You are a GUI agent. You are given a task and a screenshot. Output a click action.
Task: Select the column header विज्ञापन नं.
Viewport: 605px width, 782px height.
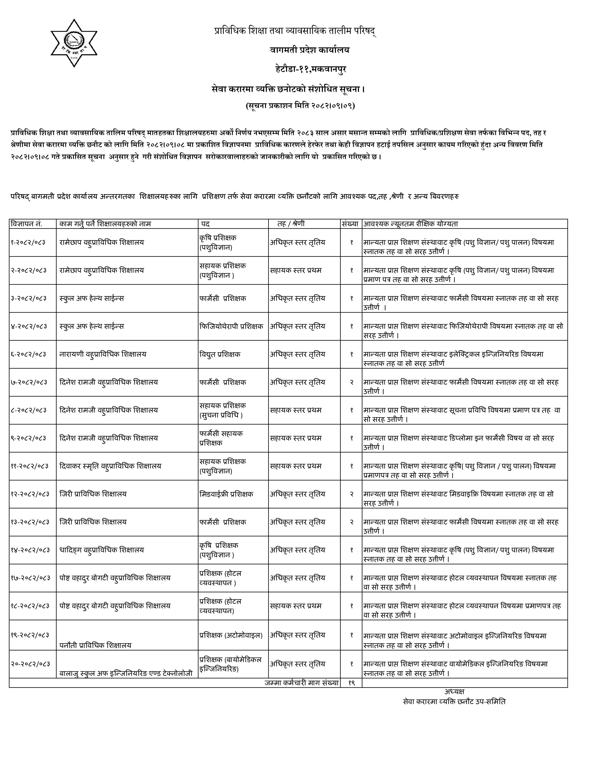[27, 224]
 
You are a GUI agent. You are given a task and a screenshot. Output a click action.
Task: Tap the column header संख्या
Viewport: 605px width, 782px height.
[350, 224]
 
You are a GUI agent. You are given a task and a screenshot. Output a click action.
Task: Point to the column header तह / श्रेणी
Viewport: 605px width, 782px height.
[291, 224]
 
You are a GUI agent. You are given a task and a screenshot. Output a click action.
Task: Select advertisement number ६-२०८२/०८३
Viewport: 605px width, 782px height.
[28, 354]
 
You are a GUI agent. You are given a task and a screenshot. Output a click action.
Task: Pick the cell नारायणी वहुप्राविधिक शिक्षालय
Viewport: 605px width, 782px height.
[103, 354]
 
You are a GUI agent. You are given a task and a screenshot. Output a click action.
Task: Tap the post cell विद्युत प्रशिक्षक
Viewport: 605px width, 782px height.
[220, 354]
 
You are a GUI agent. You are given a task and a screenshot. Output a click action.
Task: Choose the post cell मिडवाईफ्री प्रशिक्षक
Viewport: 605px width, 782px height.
[227, 494]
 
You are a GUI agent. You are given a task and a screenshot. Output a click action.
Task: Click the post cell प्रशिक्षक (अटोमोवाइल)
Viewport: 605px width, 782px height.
[231, 635]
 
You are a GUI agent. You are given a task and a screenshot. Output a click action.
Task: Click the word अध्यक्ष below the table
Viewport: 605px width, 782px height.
[454, 692]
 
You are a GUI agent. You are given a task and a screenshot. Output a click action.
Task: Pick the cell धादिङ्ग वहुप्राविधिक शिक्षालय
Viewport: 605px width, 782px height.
[102, 550]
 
